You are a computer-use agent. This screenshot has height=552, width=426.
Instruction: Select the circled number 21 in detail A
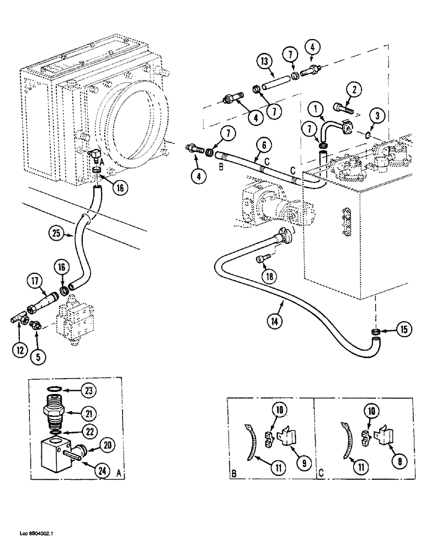point(104,412)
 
